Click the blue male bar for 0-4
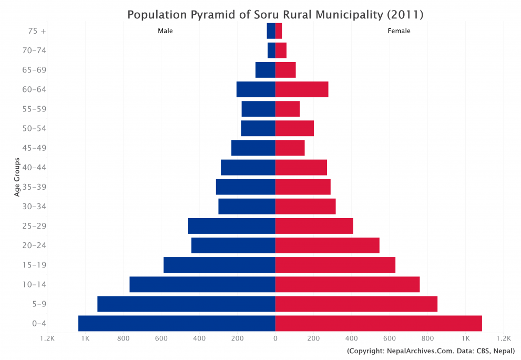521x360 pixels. click(177, 323)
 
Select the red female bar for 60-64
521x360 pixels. click(302, 89)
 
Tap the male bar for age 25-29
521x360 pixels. click(231, 226)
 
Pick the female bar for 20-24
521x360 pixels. click(327, 245)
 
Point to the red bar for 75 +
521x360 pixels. click(279, 31)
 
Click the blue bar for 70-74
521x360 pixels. click(271, 50)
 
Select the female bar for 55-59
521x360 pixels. click(288, 109)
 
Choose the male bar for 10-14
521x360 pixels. click(202, 284)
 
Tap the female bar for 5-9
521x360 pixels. click(356, 304)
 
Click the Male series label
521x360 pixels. click(165, 31)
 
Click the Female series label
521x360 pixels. click(399, 31)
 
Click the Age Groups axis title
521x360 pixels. click(17, 177)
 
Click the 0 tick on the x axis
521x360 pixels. click(275, 339)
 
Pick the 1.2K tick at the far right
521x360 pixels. click(503, 339)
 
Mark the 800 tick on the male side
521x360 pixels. click(123, 339)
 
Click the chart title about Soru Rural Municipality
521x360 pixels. click(275, 14)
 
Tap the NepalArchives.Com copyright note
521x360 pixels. click(431, 351)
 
